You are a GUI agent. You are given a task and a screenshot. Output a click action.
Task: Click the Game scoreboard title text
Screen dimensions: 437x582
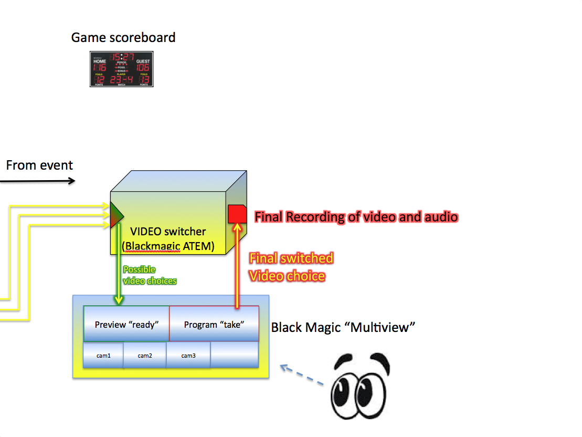point(123,38)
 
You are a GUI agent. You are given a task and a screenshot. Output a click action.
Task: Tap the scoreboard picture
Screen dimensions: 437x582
point(121,69)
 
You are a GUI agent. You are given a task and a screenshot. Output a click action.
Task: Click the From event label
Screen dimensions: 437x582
point(39,165)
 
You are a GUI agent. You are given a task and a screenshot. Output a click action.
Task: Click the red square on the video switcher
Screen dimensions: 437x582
point(237,214)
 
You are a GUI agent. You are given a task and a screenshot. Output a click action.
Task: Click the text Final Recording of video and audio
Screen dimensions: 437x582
point(356,216)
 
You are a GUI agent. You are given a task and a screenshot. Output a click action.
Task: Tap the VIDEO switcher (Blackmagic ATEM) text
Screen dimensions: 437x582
point(167,239)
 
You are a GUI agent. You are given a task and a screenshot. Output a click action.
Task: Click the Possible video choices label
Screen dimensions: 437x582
point(150,275)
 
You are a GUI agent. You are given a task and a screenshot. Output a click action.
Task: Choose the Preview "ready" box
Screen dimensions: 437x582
point(126,324)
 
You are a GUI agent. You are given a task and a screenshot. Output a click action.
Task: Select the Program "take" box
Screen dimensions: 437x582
point(214,324)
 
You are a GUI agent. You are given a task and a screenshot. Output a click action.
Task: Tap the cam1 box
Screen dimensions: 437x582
point(103,356)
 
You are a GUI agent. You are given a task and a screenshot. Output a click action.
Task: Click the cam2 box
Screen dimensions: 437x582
point(145,356)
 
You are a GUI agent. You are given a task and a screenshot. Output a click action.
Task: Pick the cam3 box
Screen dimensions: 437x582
point(188,356)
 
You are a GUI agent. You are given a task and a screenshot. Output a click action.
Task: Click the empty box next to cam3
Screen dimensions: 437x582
point(235,356)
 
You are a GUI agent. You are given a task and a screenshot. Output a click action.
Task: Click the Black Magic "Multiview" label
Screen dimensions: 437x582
point(343,328)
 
